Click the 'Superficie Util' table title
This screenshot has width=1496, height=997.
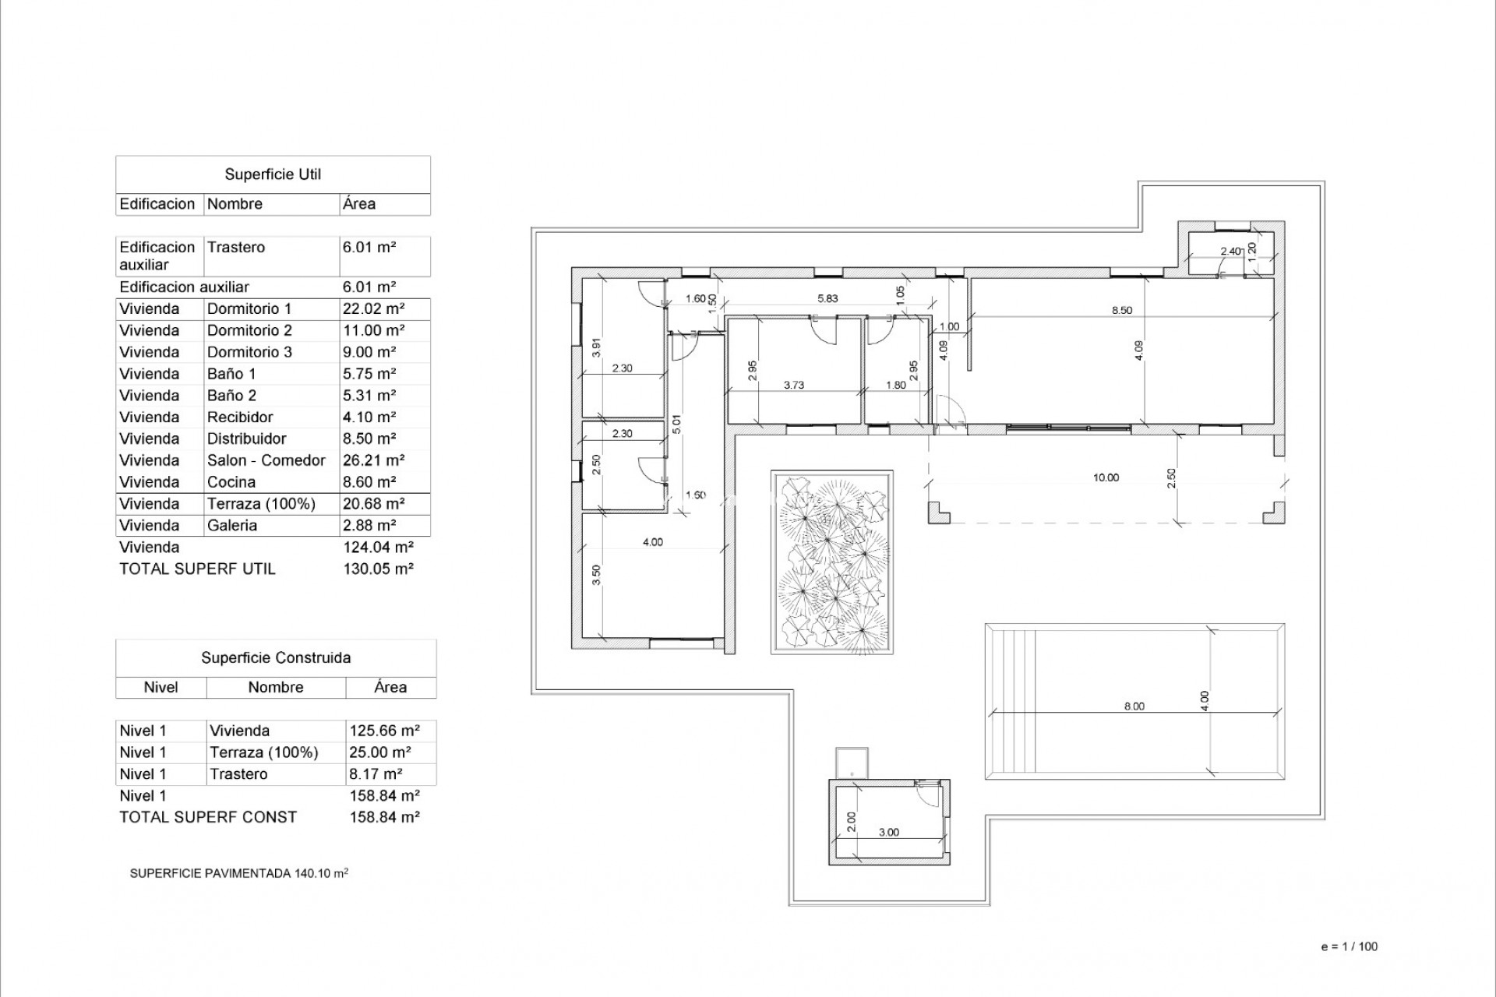tap(273, 174)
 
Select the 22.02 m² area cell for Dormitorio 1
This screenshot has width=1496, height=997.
tap(373, 308)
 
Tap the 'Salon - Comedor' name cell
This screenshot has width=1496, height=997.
tap(266, 460)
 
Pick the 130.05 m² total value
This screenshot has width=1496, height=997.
tap(378, 569)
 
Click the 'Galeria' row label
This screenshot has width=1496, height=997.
tap(231, 525)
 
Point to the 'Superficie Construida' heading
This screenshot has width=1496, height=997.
tap(276, 657)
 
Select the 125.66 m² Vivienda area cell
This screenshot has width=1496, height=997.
tap(384, 731)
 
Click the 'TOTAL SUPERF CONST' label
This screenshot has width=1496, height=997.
tap(208, 817)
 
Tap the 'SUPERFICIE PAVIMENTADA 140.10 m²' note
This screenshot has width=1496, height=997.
tap(238, 873)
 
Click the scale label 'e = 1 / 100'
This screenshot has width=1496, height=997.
tap(1350, 946)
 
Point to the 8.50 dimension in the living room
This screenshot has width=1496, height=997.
tap(1121, 310)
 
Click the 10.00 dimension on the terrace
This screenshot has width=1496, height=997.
tap(1106, 477)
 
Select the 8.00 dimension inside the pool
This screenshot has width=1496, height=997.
tap(1134, 706)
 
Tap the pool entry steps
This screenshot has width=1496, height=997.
tap(1011, 700)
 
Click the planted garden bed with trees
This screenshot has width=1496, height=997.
tap(831, 562)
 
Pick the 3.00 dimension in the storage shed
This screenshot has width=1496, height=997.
tap(888, 832)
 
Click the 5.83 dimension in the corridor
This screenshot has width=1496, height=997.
tap(827, 298)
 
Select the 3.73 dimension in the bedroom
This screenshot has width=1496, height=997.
tap(793, 385)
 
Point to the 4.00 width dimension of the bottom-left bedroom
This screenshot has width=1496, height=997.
tap(652, 542)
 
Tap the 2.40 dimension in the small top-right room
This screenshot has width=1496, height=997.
tap(1230, 251)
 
